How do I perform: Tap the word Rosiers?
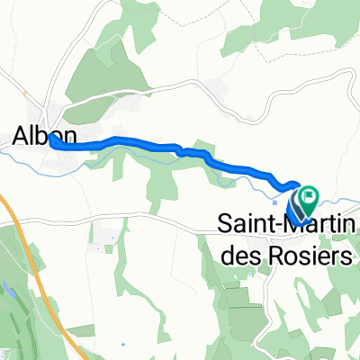(x=302, y=256)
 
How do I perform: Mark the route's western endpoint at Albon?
(x=53, y=139)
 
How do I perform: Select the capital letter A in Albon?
(x=22, y=135)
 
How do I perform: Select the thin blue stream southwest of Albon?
(x=18, y=154)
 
